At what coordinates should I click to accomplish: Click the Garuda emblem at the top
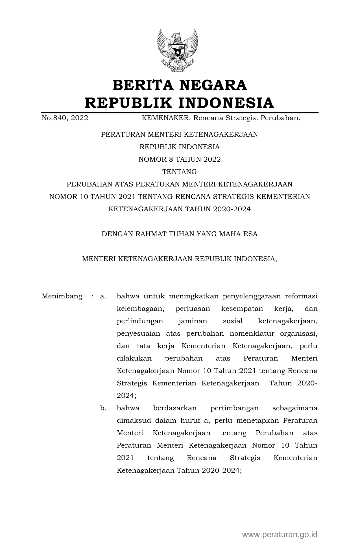[x=178, y=50]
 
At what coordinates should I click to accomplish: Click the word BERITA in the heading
[x=143, y=85]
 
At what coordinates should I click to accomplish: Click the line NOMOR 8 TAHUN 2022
[x=180, y=159]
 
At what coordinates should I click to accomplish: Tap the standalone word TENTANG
[x=180, y=172]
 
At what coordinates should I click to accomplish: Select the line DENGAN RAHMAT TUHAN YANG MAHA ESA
[x=180, y=234]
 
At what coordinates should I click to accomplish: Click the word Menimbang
[x=62, y=296]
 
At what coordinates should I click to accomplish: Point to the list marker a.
[x=103, y=296]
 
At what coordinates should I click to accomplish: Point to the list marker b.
[x=103, y=408]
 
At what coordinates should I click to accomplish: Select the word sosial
[x=232, y=321]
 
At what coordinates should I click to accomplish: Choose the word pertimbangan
[x=234, y=408]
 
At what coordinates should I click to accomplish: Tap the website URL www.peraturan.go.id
[x=280, y=534]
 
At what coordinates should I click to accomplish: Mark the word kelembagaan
[x=141, y=309]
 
